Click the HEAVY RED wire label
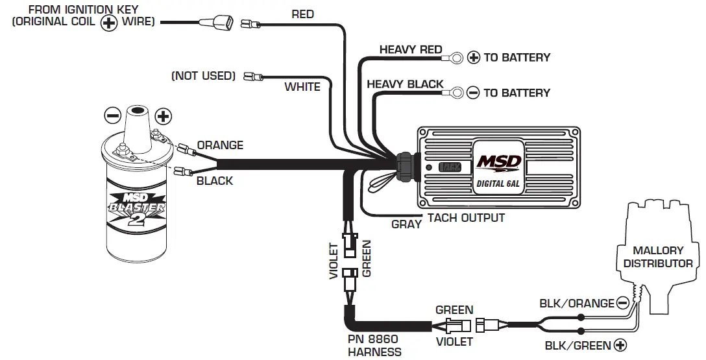click(x=410, y=50)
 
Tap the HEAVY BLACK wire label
click(x=405, y=84)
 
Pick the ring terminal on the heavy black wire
click(x=456, y=93)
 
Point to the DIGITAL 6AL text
click(x=500, y=183)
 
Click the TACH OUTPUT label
click(x=465, y=218)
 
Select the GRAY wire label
click(x=406, y=224)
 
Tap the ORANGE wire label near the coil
click(x=220, y=145)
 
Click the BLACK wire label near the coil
click(x=214, y=181)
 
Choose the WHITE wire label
click(x=302, y=87)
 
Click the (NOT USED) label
click(x=202, y=76)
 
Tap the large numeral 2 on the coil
click(x=135, y=219)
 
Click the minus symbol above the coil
click(x=113, y=116)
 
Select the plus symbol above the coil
click(x=164, y=117)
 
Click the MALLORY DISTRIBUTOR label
click(x=658, y=257)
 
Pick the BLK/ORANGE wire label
click(x=576, y=304)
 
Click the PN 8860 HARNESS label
click(x=374, y=346)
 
